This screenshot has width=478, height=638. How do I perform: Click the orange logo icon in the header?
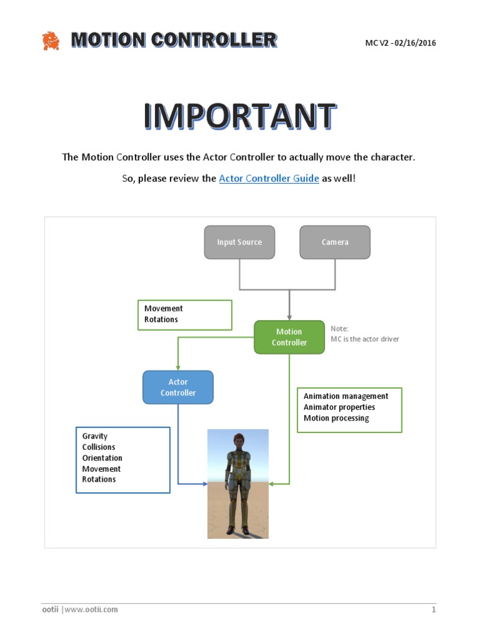pos(50,41)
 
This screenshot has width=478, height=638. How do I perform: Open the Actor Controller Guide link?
pos(269,178)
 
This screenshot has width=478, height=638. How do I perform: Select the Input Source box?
pos(240,242)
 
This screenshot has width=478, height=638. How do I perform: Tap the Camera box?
pos(335,242)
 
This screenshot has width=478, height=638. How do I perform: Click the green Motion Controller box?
pos(289,337)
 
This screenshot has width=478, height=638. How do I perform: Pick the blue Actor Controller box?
pos(178,387)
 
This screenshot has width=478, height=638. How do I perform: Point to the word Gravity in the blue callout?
pos(95,436)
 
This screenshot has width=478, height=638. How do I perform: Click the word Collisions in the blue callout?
pos(98,447)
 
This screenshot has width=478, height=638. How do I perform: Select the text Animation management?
pos(345,396)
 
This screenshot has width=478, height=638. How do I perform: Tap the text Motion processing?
pos(336,418)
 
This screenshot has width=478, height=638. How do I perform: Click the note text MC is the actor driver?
pos(365,339)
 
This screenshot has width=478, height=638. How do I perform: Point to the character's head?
pos(238,440)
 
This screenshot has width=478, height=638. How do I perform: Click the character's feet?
pos(238,530)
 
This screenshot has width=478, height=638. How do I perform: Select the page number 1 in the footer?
pos(433,609)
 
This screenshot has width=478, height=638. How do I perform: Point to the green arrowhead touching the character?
pos(272,483)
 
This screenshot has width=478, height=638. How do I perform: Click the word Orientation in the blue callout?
pos(102,458)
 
